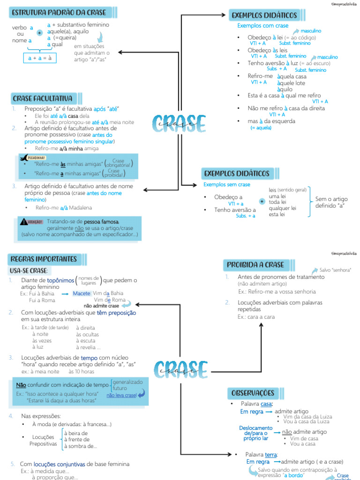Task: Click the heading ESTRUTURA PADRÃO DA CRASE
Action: (x=59, y=13)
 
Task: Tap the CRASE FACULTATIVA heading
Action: (x=42, y=98)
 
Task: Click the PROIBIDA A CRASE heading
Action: (x=255, y=265)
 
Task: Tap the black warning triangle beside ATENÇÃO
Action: (x=24, y=221)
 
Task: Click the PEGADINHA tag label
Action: (x=37, y=158)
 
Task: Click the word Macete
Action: (x=82, y=293)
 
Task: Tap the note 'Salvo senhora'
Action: (x=336, y=270)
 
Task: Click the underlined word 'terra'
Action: (x=271, y=455)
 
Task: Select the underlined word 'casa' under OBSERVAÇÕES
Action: (x=266, y=404)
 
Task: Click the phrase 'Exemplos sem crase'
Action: (x=227, y=185)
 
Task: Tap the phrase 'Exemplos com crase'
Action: (x=263, y=26)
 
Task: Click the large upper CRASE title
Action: (x=179, y=124)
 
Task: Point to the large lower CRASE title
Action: (x=180, y=369)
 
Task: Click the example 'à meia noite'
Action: (x=46, y=372)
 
